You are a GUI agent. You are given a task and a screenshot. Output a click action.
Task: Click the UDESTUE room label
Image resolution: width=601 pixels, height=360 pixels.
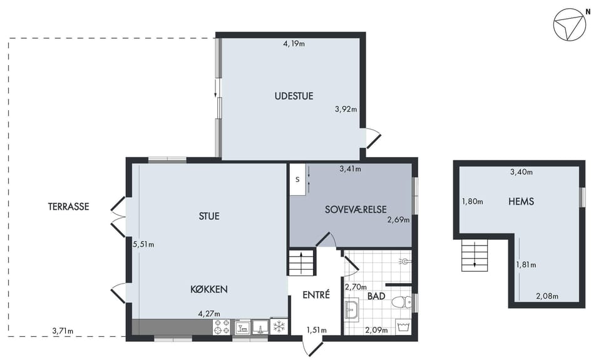pyautogui.click(x=294, y=96)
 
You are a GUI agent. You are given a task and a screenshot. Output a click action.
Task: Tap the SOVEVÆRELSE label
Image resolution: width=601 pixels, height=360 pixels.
pyautogui.click(x=356, y=210)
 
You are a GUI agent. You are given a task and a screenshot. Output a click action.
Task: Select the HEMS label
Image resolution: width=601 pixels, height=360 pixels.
pyautogui.click(x=521, y=201)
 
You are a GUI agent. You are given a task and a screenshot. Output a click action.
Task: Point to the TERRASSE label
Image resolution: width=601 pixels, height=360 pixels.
pyautogui.click(x=69, y=207)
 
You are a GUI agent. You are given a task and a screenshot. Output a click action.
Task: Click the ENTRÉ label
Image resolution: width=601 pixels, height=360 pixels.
pyautogui.click(x=316, y=295)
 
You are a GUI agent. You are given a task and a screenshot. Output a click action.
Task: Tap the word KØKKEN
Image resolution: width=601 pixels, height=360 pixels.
pyautogui.click(x=209, y=289)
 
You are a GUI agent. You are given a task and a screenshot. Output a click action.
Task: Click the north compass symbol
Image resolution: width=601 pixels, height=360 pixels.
pyautogui.click(x=570, y=24)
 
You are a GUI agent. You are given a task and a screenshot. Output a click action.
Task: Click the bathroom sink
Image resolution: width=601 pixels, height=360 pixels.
pyautogui.click(x=351, y=308)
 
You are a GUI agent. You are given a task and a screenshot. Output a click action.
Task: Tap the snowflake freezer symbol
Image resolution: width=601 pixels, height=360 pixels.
pyautogui.click(x=279, y=327)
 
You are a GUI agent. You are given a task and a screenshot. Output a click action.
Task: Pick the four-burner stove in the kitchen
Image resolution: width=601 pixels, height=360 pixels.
pyautogui.click(x=222, y=327)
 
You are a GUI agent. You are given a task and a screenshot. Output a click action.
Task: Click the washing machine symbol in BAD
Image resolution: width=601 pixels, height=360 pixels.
pyautogui.click(x=403, y=327)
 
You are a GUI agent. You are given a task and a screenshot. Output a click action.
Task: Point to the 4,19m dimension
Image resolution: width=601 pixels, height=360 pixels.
pyautogui.click(x=294, y=44)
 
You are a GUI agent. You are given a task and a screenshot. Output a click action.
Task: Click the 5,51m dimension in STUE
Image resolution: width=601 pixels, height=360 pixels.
pyautogui.click(x=143, y=244)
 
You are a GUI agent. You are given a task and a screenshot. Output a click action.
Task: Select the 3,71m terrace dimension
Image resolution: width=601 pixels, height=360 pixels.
pyautogui.click(x=63, y=331)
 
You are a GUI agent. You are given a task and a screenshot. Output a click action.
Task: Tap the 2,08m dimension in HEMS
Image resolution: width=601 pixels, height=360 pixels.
pyautogui.click(x=547, y=296)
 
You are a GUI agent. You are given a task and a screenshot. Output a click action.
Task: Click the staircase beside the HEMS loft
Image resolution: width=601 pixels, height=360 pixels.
pyautogui.click(x=475, y=255)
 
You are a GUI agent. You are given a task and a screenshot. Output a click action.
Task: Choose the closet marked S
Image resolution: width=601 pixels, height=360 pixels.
pyautogui.click(x=297, y=180)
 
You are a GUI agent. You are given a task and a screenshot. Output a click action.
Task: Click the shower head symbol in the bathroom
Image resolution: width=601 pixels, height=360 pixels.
pyautogui.click(x=405, y=262)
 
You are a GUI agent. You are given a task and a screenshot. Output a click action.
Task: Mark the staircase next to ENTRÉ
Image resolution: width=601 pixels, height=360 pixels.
pyautogui.click(x=302, y=262)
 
